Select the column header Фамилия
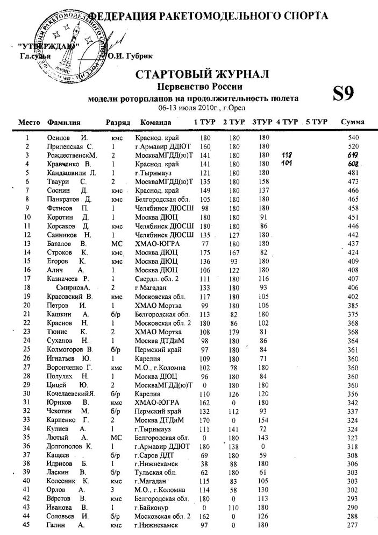(x=64, y=122)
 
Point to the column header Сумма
(x=353, y=122)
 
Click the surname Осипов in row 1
(x=58, y=138)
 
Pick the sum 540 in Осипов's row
(x=353, y=138)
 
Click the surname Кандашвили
(x=64, y=172)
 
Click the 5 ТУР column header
(x=317, y=122)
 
